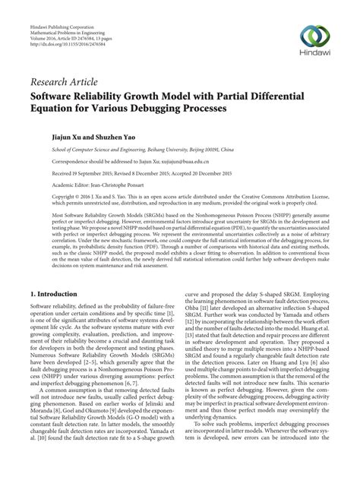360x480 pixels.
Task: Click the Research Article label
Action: pos(66,82)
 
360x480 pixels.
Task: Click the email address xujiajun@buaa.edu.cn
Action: pos(162,162)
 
